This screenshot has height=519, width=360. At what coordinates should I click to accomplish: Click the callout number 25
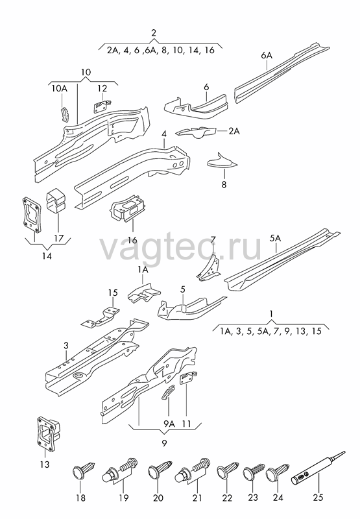[x=318, y=498]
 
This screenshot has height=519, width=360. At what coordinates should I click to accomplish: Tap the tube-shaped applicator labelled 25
[x=318, y=468]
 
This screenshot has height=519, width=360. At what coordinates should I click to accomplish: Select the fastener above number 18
[x=84, y=468]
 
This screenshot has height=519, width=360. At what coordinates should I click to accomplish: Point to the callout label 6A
[x=267, y=55]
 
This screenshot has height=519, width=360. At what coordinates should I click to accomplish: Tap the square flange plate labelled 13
[x=47, y=433]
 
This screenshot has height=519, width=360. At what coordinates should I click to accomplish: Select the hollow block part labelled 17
[x=56, y=200]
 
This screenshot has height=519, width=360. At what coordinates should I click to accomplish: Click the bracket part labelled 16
[x=128, y=208]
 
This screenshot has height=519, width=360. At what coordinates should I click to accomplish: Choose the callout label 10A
[x=60, y=88]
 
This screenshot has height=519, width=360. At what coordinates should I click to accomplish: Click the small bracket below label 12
[x=102, y=106]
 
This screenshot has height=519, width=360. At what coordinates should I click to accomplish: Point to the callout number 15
[x=113, y=293]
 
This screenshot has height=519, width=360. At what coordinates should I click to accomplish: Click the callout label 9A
[x=169, y=424]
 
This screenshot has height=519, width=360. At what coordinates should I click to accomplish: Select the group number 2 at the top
[x=154, y=33]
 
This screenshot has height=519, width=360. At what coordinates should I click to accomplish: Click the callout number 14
[x=47, y=256]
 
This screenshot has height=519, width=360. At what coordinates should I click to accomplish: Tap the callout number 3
[x=66, y=346]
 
